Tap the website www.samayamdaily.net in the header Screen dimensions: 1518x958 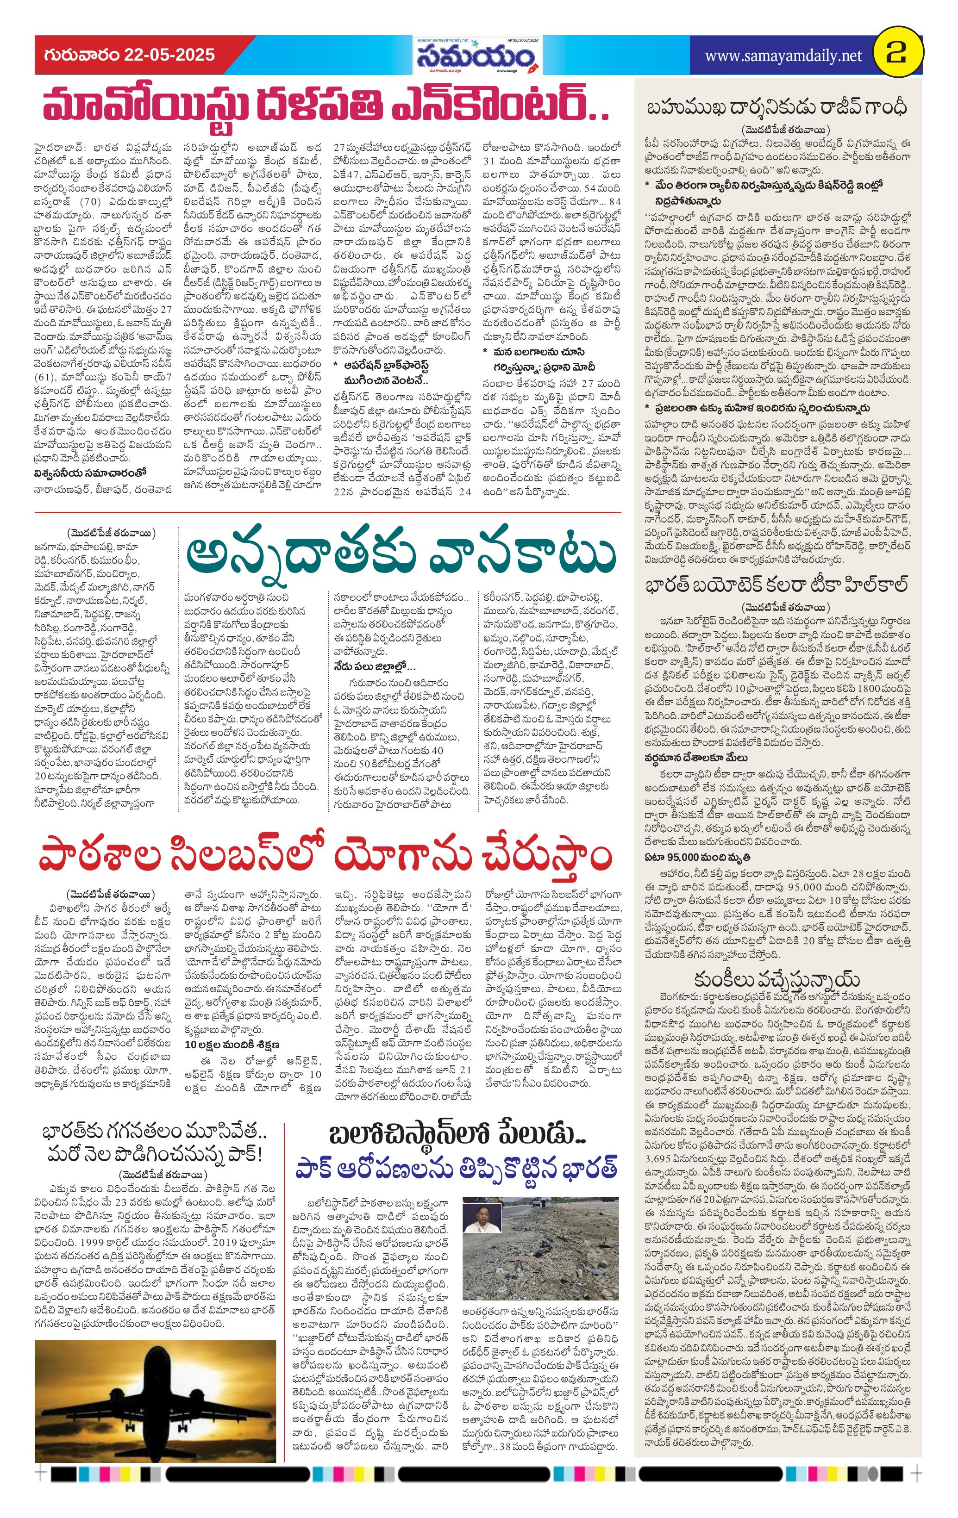pyautogui.click(x=783, y=56)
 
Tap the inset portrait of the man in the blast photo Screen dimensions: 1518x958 pyautogui.click(x=477, y=1216)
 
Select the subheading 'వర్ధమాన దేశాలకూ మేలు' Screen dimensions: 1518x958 pyautogui.click(x=696, y=757)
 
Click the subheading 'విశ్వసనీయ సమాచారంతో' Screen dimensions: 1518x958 pyautogui.click(x=90, y=472)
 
